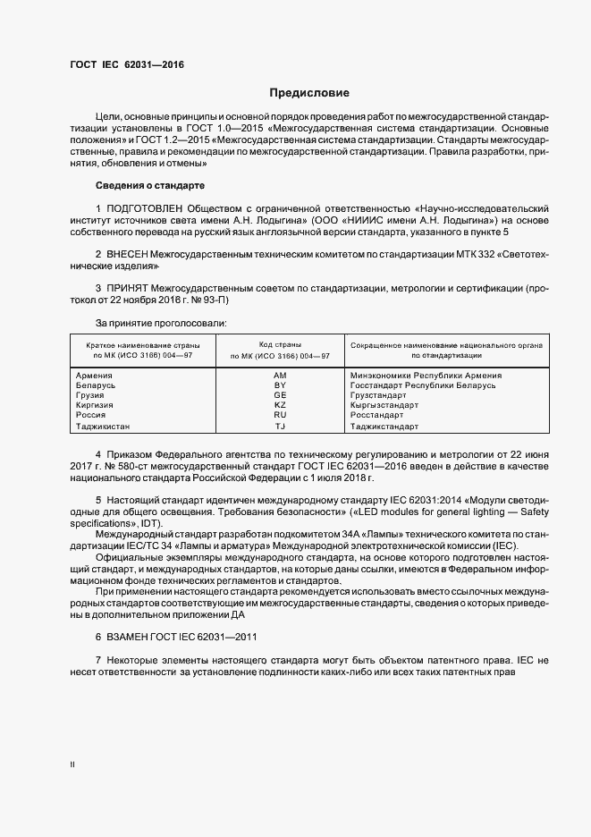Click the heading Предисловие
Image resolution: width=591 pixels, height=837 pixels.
[310, 93]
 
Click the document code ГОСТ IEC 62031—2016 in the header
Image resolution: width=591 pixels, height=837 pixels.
[127, 65]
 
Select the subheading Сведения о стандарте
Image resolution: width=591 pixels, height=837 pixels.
[149, 185]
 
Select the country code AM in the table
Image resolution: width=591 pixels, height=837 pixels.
[280, 376]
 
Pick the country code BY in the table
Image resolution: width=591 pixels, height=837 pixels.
[280, 385]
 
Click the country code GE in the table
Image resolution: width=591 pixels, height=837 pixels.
[280, 395]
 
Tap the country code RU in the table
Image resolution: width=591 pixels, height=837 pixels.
[280, 415]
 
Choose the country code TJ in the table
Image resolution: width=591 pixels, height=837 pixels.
[280, 427]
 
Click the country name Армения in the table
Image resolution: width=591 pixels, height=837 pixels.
[95, 376]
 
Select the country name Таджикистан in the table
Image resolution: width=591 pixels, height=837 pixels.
[103, 427]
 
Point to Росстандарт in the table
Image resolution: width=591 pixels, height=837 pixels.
[377, 415]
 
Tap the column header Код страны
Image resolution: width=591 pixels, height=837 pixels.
[280, 344]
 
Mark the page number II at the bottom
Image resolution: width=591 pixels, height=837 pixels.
[73, 765]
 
